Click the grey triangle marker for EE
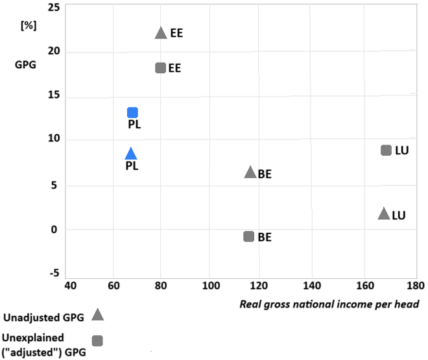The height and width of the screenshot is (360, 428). pyautogui.click(x=161, y=33)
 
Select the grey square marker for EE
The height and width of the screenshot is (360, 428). pyautogui.click(x=161, y=67)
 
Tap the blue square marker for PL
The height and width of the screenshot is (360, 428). pyautogui.click(x=132, y=113)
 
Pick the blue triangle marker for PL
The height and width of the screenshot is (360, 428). pyautogui.click(x=131, y=154)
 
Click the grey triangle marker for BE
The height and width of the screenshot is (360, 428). pyautogui.click(x=250, y=173)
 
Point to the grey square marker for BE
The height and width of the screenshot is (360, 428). pyautogui.click(x=248, y=236)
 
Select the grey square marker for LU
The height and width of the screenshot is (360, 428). pyautogui.click(x=386, y=150)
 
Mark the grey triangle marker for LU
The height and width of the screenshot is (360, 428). pyautogui.click(x=384, y=214)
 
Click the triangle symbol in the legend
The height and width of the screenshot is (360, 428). pyautogui.click(x=98, y=315)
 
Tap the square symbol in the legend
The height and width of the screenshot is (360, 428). pyautogui.click(x=98, y=341)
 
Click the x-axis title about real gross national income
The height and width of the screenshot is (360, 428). pyautogui.click(x=329, y=304)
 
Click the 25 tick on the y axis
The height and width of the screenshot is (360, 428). pyautogui.click(x=54, y=7)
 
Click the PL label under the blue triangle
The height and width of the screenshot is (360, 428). pyautogui.click(x=132, y=166)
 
